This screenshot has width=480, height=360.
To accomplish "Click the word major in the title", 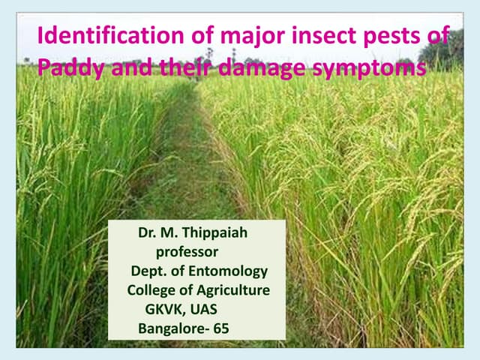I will click(x=228, y=37).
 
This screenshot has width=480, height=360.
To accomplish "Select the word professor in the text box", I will click(x=187, y=251).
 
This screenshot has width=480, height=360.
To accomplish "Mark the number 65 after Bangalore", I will click(x=221, y=328).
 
